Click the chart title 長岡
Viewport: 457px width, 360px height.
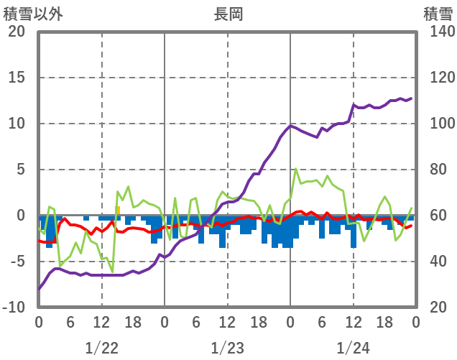click(228, 14)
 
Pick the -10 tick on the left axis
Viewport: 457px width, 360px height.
click(14, 308)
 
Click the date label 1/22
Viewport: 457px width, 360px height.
click(101, 348)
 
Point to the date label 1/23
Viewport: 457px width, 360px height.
click(227, 348)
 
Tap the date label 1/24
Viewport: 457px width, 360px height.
click(353, 348)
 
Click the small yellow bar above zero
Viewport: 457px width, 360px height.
click(117, 211)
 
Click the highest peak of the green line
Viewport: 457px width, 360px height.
click(296, 169)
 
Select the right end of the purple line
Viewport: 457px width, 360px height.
click(411, 98)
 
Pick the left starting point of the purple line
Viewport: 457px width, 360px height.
click(39, 289)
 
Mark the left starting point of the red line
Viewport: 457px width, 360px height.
click(39, 241)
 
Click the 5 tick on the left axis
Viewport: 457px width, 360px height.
click(20, 170)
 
